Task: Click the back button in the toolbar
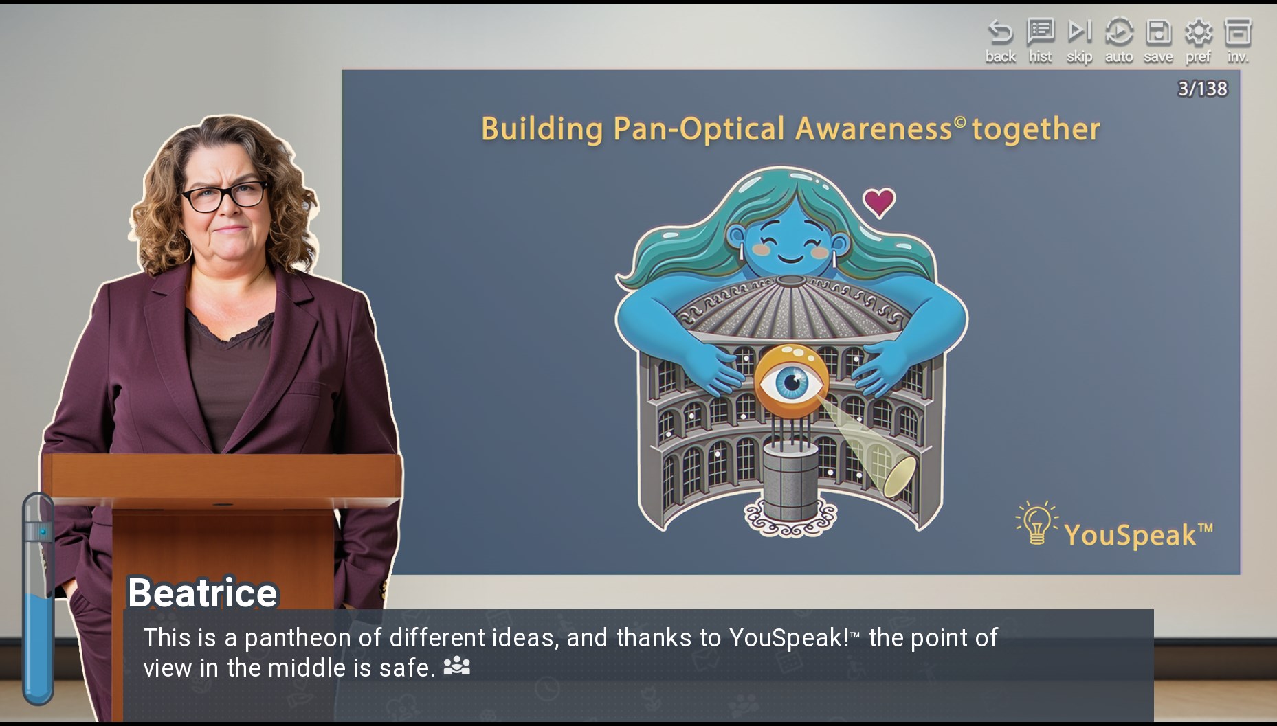[1000, 41]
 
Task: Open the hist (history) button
[1040, 41]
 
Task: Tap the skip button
[1079, 41]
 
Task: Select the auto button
[1119, 41]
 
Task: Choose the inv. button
[1238, 41]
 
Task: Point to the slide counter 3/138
[1202, 89]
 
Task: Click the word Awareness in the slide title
[874, 128]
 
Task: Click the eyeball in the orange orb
[792, 382]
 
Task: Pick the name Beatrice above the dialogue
[203, 592]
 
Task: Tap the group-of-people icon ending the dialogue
[457, 666]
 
